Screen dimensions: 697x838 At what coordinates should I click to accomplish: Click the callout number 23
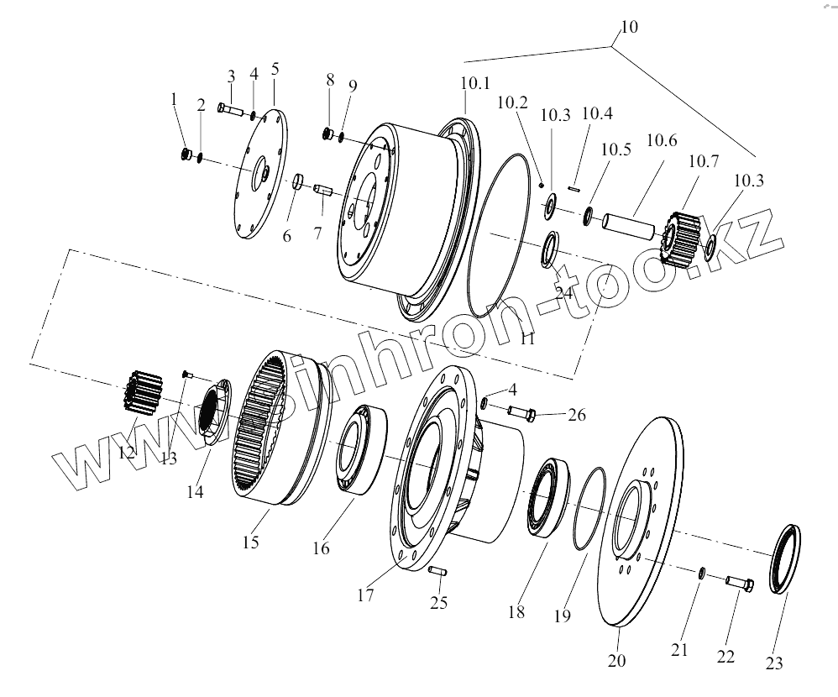coord(774,663)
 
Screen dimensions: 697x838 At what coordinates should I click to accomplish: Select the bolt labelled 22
coord(737,582)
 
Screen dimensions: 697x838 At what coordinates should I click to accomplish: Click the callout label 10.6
coord(660,141)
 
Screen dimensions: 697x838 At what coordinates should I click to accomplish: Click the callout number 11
coord(527,339)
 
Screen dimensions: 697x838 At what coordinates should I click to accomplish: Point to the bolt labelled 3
coord(229,109)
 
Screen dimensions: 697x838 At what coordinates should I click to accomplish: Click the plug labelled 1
coord(187,154)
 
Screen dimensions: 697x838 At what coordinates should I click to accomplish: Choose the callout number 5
coord(275,69)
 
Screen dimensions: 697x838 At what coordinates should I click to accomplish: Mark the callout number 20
coord(616,660)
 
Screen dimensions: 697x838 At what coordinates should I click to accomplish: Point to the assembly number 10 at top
coord(629,27)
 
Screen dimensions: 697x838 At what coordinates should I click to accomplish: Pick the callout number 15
coord(250,543)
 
